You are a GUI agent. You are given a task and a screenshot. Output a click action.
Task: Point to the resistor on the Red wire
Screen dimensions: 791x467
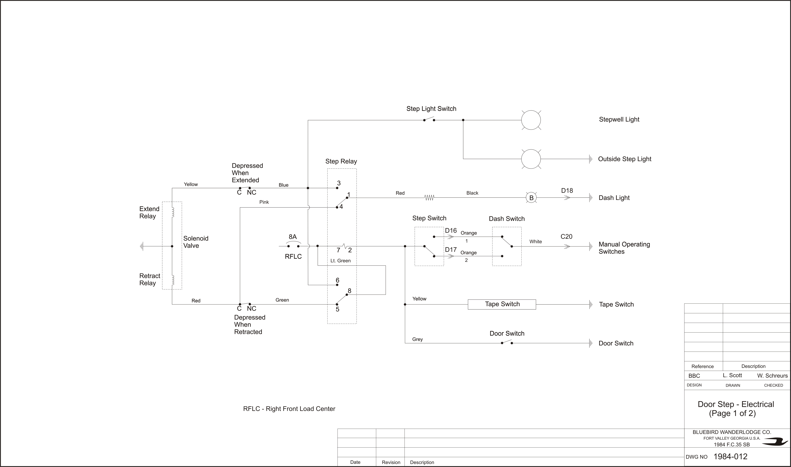[x=429, y=198]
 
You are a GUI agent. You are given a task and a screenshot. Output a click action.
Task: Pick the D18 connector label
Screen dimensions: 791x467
[x=567, y=190]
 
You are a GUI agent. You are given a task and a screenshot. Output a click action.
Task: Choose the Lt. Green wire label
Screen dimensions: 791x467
[x=340, y=261]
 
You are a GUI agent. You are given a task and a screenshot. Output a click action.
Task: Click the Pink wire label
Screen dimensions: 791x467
[x=264, y=202]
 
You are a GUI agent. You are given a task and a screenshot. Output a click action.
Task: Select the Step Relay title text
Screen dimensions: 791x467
[x=341, y=161]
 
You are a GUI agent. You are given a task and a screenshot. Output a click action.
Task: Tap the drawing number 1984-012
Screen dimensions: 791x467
[x=730, y=456]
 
